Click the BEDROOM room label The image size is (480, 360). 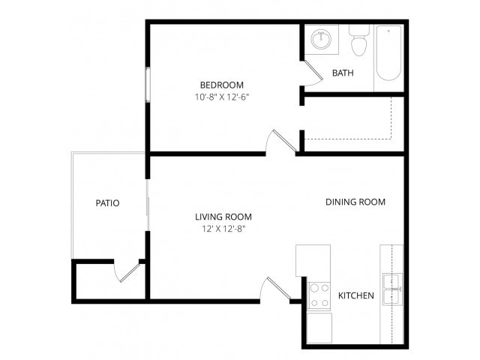coord(221,85)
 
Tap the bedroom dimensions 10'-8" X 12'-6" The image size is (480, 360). coord(221,97)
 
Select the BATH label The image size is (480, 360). coord(343,73)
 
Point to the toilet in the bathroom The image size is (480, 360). coord(358,42)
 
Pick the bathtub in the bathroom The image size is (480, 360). coord(389,55)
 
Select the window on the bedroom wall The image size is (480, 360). coord(148,83)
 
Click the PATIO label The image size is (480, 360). coord(108,202)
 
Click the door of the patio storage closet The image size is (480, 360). coord(127,271)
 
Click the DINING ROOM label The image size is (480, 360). coord(355,202)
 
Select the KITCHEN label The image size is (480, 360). coord(356,295)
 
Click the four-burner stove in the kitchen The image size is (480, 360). coord(319,295)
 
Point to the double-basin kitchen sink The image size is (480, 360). coord(392,289)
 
